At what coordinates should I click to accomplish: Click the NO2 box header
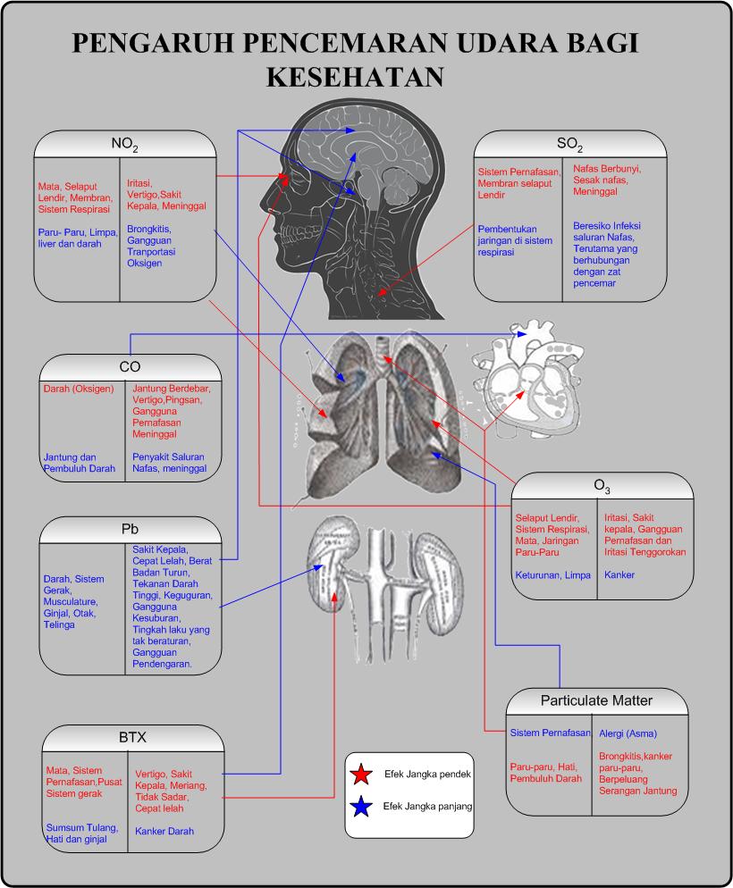click(x=124, y=144)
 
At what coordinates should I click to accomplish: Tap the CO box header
click(x=130, y=367)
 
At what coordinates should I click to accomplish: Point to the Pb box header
click(x=130, y=529)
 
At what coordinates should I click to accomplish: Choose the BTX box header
click(x=132, y=738)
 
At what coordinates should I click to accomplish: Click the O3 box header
click(x=602, y=486)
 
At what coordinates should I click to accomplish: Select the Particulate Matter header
click(x=596, y=700)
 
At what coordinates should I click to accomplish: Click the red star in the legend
click(x=362, y=775)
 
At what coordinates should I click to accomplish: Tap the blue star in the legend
click(x=362, y=808)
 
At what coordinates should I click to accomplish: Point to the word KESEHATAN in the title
click(x=355, y=77)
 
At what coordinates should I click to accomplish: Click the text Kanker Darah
click(x=164, y=831)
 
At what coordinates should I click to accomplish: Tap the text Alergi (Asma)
click(x=628, y=733)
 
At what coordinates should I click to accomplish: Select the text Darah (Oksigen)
click(x=79, y=390)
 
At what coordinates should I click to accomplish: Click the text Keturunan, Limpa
click(x=552, y=574)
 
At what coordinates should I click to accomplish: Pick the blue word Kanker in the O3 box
click(x=619, y=574)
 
